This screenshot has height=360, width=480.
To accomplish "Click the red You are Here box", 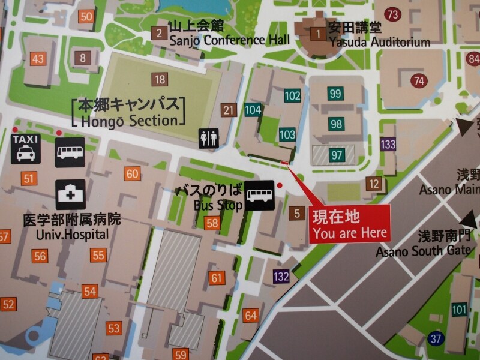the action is pos(350,223).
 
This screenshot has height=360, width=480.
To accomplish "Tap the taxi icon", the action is pos(25,148).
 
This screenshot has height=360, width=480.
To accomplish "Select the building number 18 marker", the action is pos(160,79).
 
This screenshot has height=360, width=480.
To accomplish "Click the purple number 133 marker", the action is pos(388,144).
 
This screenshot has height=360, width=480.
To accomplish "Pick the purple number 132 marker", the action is pos(281,277).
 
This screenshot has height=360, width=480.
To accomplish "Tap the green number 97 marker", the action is pos(337,155).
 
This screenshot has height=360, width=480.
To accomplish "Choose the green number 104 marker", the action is pos(253,110).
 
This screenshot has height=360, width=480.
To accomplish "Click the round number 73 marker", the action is pos(394,14).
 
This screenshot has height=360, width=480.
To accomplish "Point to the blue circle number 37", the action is pos(436,338).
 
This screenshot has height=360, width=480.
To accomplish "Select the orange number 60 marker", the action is pos(132,174).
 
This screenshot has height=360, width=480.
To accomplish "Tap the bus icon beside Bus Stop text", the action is pos(260,196).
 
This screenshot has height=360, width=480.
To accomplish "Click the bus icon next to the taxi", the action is pos(70,152).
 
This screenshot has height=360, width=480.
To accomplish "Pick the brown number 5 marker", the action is pos(296,212).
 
